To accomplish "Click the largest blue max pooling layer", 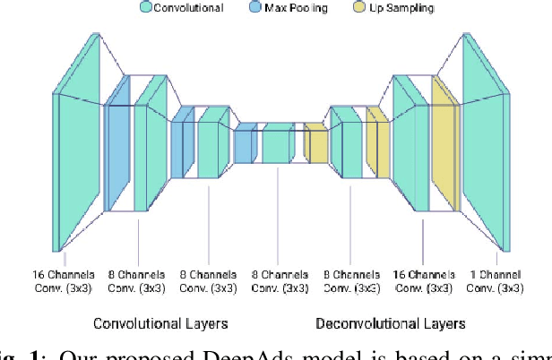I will click(x=118, y=144).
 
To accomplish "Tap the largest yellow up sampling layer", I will click(x=444, y=144).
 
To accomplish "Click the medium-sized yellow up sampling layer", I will click(x=376, y=141).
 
